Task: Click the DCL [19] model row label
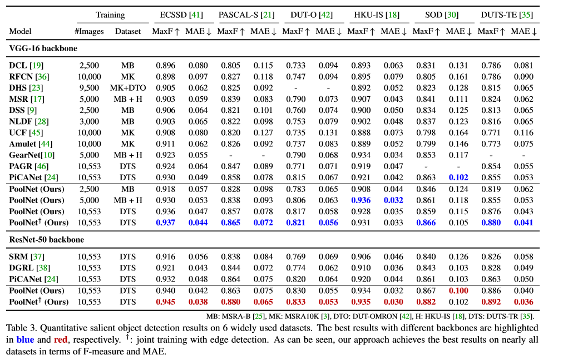[23, 66]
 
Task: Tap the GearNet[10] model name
[31, 155]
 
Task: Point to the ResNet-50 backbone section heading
[46, 240]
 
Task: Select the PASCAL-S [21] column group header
[245, 14]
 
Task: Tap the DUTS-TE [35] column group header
[506, 14]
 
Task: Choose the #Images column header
[89, 31]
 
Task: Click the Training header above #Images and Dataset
[110, 14]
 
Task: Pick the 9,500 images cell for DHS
[89, 88]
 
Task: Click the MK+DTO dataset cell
[128, 88]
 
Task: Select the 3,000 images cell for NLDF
[89, 121]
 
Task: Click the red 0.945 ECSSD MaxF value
[165, 302]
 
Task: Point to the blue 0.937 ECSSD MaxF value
[165, 223]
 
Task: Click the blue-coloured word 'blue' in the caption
[25, 339]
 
